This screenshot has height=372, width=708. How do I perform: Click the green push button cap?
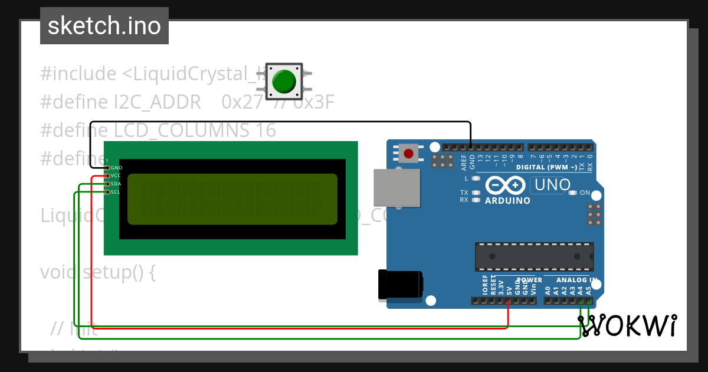coord(285,81)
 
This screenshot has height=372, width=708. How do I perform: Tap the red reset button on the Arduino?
coord(408,154)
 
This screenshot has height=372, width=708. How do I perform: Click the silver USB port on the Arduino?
coord(396,188)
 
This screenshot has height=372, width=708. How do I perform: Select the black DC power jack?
coord(399,285)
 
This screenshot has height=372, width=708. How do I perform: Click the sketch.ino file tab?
coord(104,26)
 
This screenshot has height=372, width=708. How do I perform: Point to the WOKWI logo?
coord(627,326)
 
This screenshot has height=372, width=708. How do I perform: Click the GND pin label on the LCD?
coord(116,168)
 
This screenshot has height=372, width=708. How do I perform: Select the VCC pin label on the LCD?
coord(116,176)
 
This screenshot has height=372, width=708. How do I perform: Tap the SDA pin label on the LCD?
coord(116,184)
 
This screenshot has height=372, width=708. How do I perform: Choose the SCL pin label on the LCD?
coord(116,192)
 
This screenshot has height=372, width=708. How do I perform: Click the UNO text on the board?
coord(552,185)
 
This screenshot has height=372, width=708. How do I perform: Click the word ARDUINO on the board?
coord(507,201)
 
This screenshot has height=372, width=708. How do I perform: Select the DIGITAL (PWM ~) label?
coord(547,167)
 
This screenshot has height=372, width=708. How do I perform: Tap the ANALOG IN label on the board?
coord(577,279)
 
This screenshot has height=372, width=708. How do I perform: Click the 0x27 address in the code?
coord(242,103)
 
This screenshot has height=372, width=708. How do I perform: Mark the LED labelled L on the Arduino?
coord(476,178)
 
